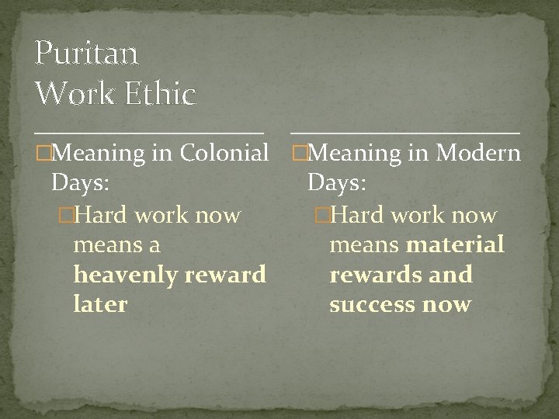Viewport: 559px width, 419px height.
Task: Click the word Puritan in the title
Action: [x=86, y=54]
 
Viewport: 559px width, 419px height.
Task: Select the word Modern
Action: [x=477, y=153]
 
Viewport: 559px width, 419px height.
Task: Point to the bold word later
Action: [x=99, y=304]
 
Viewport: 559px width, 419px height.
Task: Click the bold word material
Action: [x=455, y=245]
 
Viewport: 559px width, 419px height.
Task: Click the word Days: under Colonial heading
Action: [x=79, y=183]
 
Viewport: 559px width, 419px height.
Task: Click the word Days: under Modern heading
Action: [x=337, y=183]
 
